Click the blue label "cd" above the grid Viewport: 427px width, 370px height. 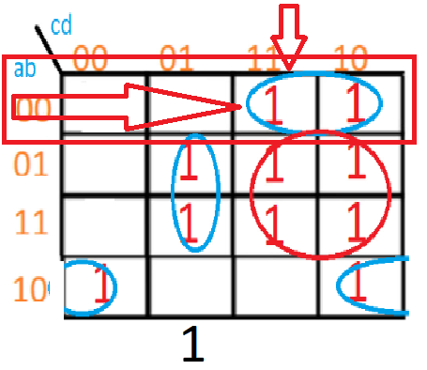click(61, 26)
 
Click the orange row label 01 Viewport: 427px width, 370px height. click(31, 164)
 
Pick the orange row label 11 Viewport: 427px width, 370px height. click(31, 223)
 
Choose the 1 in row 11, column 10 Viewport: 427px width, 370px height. click(355, 223)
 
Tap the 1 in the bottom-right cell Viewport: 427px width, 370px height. click(362, 286)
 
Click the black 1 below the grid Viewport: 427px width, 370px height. click(192, 347)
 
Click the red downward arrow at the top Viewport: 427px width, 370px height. click(292, 33)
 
